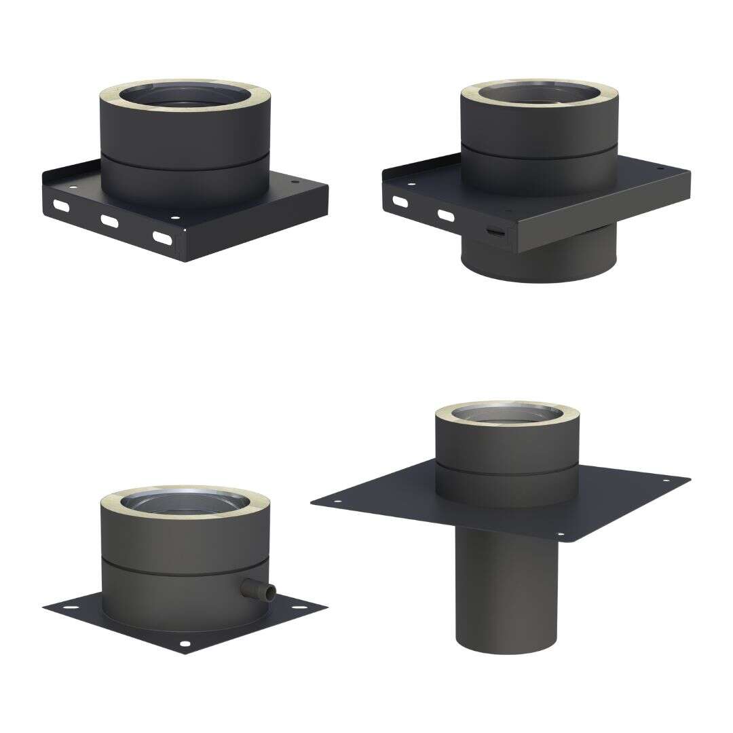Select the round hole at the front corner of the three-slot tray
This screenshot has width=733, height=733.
[x=175, y=219]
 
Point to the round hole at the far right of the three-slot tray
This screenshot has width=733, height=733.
[x=294, y=182]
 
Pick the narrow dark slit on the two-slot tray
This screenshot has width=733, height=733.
[x=497, y=232]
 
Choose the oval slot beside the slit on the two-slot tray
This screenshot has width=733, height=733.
[x=445, y=215]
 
